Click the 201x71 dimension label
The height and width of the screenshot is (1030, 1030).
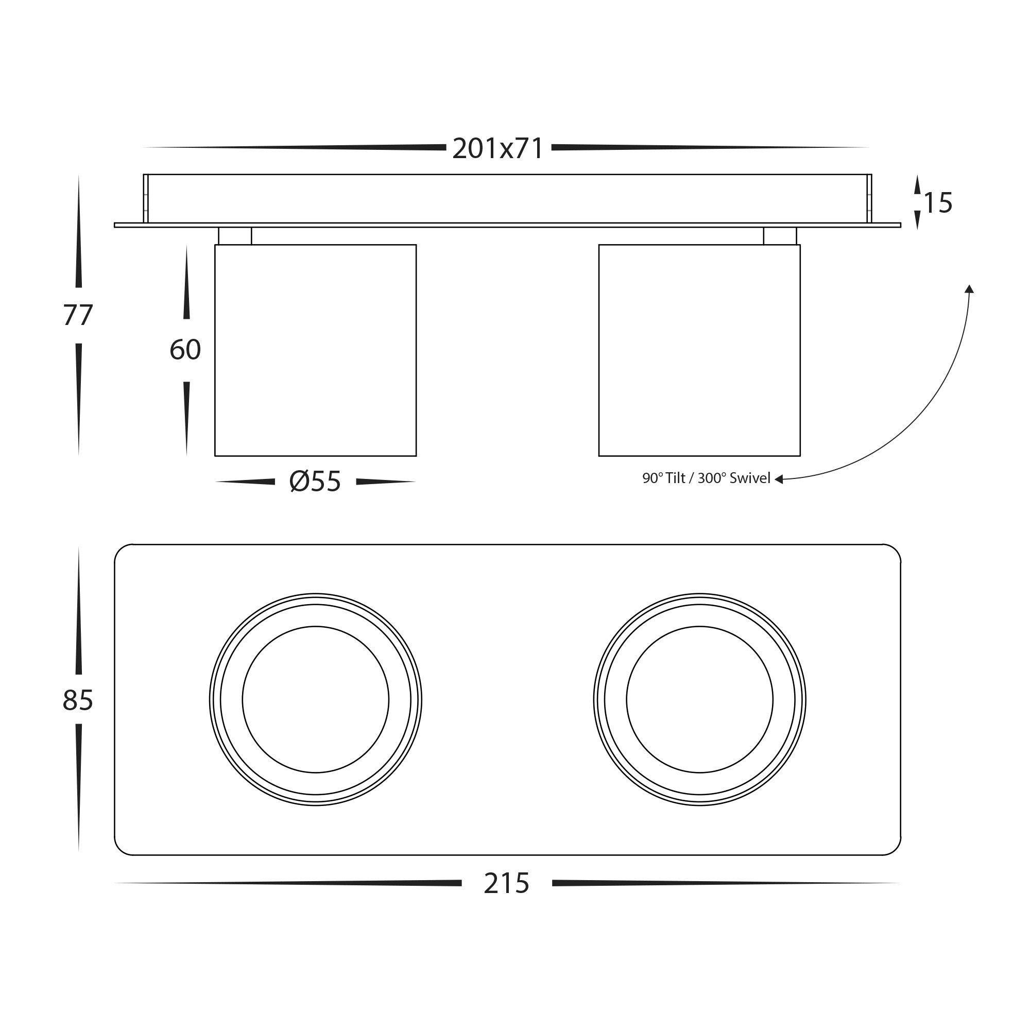(x=497, y=149)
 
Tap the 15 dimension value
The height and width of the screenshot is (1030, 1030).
(x=938, y=203)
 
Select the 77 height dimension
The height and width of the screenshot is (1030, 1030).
(x=78, y=315)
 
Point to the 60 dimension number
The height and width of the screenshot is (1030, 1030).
(x=185, y=350)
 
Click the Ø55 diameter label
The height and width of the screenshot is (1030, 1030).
(x=315, y=482)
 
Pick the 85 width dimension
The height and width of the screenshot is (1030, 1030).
(x=78, y=700)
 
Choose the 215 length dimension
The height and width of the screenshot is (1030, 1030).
(x=506, y=883)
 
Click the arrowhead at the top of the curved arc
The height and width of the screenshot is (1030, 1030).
(x=969, y=289)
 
